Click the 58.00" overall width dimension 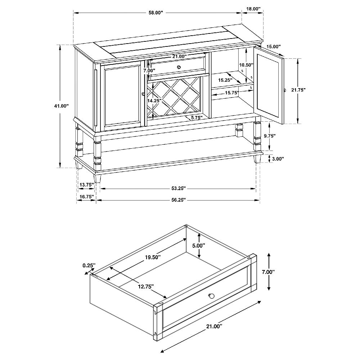point(156,13)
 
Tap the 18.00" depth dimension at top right point(253,9)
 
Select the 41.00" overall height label point(62,106)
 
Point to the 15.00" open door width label point(274,46)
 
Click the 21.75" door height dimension point(298,90)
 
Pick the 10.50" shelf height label point(246,65)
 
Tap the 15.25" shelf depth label point(225,80)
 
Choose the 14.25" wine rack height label point(154,100)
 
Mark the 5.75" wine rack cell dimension point(197,118)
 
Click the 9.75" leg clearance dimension point(270,136)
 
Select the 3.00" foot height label point(278,159)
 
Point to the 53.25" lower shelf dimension point(179,189)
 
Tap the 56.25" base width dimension point(179,200)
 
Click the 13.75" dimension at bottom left point(87,185)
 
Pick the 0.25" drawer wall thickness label point(89,265)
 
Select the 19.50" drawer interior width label point(153,257)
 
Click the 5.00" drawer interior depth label point(199,246)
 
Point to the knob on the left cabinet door point(144,94)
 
